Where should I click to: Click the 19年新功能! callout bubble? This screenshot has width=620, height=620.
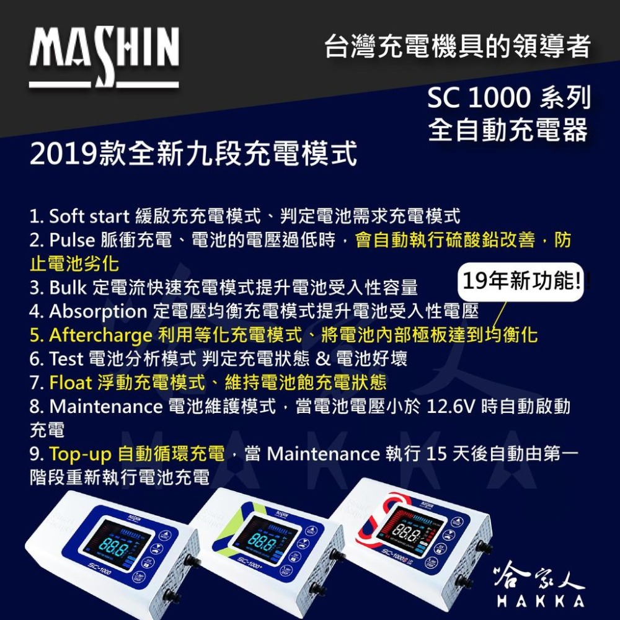pyautogui.click(x=521, y=283)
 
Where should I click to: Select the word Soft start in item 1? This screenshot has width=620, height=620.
pyautogui.click(x=89, y=216)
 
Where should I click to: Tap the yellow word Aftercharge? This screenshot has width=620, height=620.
pyautogui.click(x=100, y=335)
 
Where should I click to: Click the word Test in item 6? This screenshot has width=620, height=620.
pyautogui.click(x=61, y=359)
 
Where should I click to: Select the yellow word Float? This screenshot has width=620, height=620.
pyautogui.click(x=69, y=383)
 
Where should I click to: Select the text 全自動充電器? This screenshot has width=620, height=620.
pyautogui.click(x=508, y=130)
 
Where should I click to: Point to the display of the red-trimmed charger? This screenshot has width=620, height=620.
pyautogui.click(x=412, y=528)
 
